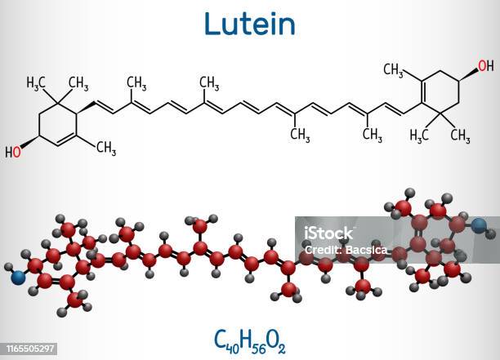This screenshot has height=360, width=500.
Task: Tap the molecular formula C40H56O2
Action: click(x=249, y=336)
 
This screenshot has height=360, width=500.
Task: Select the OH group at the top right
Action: click(x=485, y=65)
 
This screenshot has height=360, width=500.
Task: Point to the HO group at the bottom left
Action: click(x=14, y=153)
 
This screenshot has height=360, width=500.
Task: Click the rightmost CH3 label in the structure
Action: click(x=462, y=134)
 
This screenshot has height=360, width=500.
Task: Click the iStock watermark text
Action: click(x=327, y=233)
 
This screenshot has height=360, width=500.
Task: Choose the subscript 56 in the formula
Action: click(x=260, y=342)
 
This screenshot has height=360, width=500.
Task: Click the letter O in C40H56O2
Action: click(x=275, y=336)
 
